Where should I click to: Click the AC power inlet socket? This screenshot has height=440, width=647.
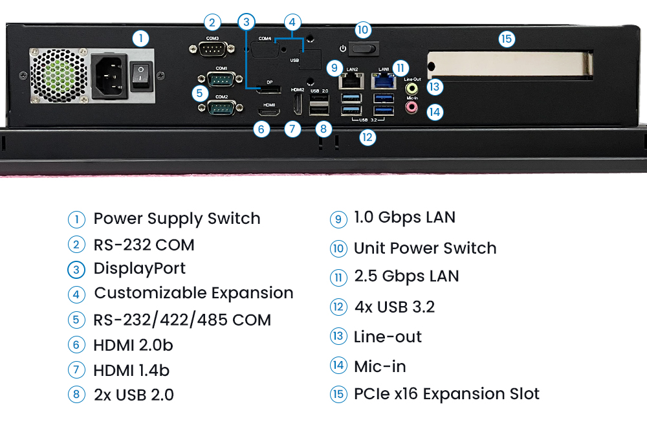point(108,75)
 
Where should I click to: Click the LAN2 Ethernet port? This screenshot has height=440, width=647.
point(351,81)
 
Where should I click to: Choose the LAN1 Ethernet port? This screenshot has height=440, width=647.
point(383,81)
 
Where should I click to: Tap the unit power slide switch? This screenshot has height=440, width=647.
point(363,49)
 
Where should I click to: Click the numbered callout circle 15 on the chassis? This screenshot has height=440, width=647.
point(507,39)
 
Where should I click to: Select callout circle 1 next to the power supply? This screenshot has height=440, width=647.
point(140,38)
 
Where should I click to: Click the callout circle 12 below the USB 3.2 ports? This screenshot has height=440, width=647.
point(367,137)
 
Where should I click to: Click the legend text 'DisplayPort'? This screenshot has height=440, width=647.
point(140,269)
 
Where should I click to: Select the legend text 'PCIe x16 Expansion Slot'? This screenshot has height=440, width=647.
point(446,394)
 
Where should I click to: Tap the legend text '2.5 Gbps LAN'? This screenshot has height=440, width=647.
point(406,276)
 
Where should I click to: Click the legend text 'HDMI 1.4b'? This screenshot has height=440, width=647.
point(131,371)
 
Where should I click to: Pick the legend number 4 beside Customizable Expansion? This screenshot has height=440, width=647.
point(76,294)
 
